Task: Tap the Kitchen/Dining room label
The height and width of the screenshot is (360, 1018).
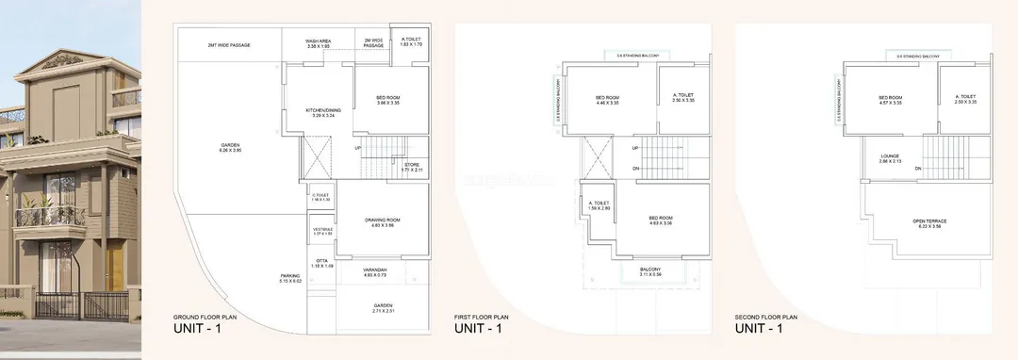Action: click(321, 112)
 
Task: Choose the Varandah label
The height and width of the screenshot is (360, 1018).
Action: click(375, 270)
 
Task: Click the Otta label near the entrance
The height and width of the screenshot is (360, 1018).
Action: click(322, 264)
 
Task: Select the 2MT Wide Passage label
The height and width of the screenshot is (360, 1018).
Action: click(228, 44)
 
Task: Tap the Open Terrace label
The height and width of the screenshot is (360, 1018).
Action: click(929, 223)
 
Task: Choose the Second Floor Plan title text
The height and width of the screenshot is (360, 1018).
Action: click(766, 317)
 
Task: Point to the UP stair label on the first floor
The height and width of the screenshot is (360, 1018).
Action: click(635, 148)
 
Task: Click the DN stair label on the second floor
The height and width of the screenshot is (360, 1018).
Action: click(917, 169)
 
